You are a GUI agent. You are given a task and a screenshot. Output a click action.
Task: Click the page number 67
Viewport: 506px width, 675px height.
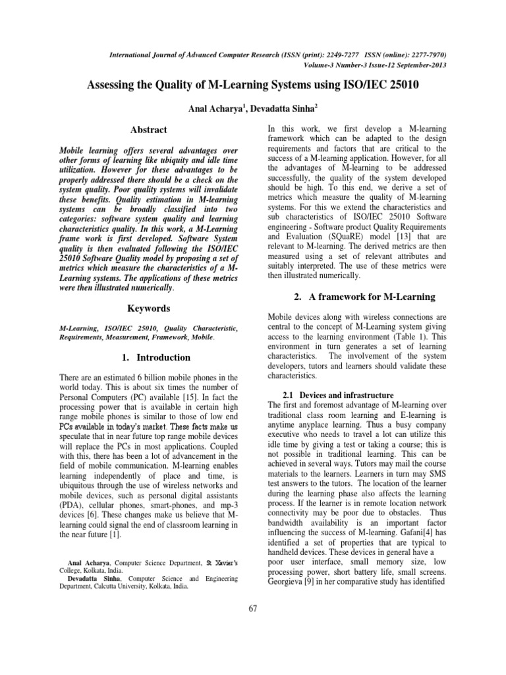tap(253, 608)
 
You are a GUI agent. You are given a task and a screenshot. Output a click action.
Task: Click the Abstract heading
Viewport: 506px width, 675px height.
tap(148, 130)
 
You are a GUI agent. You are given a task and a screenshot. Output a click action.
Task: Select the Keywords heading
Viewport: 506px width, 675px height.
tap(148, 308)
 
